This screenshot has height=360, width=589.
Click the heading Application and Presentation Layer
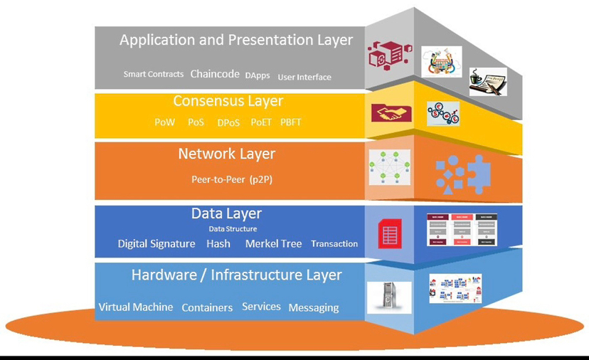(x=235, y=40)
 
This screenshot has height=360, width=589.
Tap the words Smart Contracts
(x=154, y=74)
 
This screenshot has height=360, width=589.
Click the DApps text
(x=258, y=75)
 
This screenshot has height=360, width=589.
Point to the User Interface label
(x=304, y=77)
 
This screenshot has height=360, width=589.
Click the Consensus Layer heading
(x=228, y=101)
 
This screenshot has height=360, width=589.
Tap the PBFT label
(x=291, y=122)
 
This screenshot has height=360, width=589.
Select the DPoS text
(x=229, y=122)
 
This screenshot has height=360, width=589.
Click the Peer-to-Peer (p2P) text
(x=232, y=179)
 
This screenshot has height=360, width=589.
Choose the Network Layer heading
(x=226, y=154)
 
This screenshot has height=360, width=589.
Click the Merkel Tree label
(x=274, y=243)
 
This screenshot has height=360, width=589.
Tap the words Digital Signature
(x=156, y=243)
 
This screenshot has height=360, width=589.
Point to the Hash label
(x=218, y=243)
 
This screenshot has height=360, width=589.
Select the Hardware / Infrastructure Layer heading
(x=237, y=275)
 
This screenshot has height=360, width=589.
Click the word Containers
(x=207, y=307)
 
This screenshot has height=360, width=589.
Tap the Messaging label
(x=314, y=307)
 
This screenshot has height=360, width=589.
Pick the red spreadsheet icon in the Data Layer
(x=390, y=234)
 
